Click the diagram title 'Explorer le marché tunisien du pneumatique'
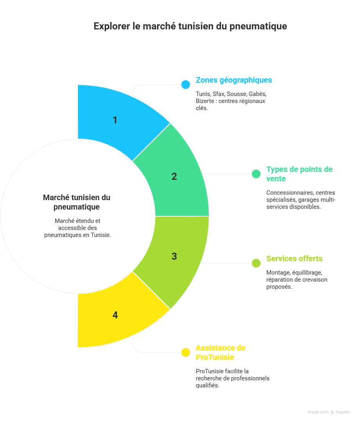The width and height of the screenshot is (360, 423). tap(190, 26)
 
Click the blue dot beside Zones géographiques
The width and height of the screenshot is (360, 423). tap(186, 85)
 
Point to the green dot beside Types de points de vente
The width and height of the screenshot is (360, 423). tap(256, 174)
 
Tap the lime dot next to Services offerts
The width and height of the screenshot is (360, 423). tap(256, 263)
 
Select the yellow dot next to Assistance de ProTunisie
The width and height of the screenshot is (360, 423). tap(186, 352)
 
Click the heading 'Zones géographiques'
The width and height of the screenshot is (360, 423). tap(234, 80)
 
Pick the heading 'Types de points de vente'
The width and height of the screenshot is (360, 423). tap(299, 174)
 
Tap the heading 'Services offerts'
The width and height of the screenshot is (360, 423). tap(295, 258)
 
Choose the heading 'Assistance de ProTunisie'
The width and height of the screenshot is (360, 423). tap(221, 352)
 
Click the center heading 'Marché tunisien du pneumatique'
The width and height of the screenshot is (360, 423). tap(77, 202)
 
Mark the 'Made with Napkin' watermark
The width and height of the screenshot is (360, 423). tap(329, 412)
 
